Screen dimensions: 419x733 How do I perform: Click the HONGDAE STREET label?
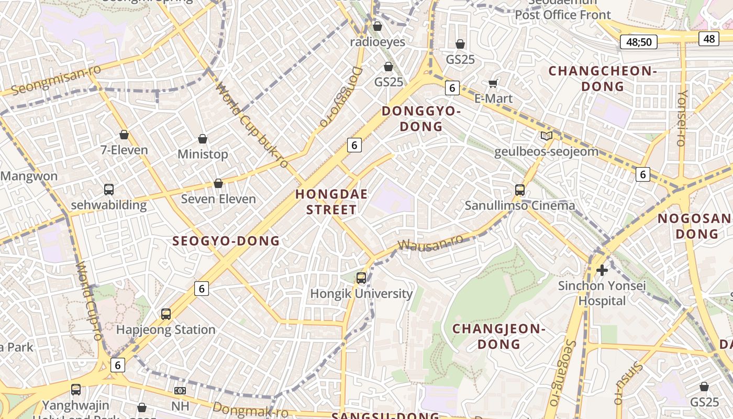point(331,202)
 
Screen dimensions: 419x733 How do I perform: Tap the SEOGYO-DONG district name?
point(226,241)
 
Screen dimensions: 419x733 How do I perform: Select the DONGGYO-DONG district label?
point(421,119)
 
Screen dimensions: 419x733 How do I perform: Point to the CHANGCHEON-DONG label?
point(602,79)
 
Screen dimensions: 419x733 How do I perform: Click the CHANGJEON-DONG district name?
point(499,336)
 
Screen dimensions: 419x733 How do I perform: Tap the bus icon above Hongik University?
point(361,278)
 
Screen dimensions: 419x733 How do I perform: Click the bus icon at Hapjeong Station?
point(166,314)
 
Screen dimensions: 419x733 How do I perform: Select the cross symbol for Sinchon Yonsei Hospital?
point(602,270)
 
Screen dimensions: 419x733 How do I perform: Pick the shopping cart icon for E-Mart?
point(493,83)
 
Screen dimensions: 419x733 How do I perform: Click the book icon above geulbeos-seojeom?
point(546,136)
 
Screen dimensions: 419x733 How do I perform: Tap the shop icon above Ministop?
point(203,139)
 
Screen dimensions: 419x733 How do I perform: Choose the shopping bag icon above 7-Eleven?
point(124,135)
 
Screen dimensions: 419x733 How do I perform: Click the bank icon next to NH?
point(180,391)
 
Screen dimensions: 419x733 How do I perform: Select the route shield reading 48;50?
point(638,42)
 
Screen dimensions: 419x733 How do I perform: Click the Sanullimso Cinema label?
point(520,205)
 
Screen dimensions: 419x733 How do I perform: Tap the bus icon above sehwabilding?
point(109,190)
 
